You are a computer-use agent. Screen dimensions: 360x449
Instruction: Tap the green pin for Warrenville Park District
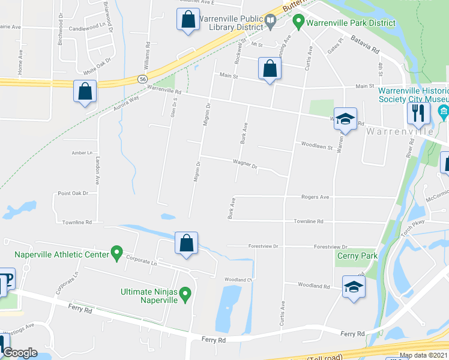coord(298,22)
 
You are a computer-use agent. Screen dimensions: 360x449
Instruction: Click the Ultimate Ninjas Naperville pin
coord(185,294)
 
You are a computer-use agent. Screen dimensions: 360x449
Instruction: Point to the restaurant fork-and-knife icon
coord(417,112)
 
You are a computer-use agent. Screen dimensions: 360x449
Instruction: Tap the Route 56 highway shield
coord(142,79)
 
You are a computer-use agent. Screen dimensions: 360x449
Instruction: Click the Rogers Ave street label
coord(315,197)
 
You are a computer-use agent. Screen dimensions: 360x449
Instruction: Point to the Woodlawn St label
coord(317,145)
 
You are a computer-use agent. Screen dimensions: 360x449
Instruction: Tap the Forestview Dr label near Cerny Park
coord(331,247)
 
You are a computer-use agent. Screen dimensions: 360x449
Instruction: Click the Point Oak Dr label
coord(73,193)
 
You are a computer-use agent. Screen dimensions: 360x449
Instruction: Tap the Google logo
coord(19,353)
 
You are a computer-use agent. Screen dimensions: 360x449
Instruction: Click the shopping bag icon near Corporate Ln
coord(187,243)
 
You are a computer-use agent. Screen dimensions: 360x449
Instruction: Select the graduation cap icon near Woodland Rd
coord(354,286)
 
